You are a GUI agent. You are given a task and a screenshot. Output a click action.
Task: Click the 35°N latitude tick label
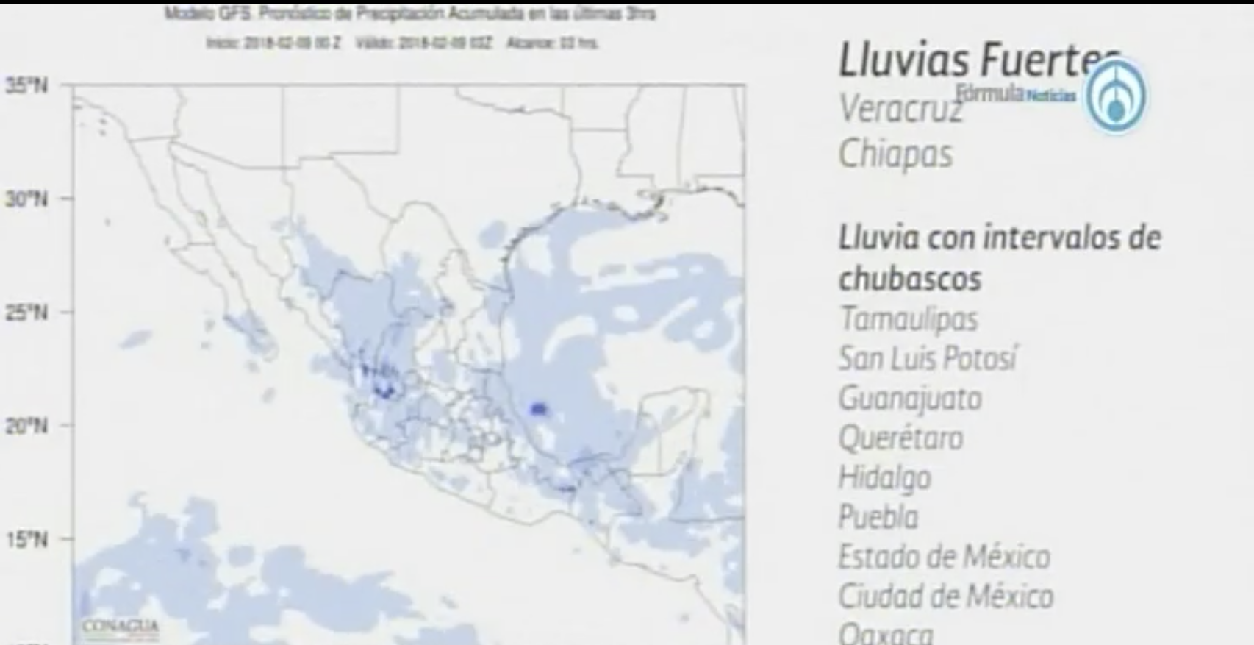[26, 86]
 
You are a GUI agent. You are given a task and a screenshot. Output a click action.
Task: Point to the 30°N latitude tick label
[26, 199]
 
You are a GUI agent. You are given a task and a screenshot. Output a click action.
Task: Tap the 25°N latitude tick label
[26, 313]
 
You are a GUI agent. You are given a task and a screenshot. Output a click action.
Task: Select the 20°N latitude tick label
[26, 426]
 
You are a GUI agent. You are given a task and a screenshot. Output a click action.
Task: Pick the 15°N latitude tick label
[26, 540]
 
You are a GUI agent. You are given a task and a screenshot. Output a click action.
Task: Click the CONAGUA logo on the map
[121, 627]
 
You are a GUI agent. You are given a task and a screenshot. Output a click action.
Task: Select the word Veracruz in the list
[900, 110]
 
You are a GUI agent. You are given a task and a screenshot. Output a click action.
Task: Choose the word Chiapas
[895, 154]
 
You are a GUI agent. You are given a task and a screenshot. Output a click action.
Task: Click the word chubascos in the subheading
[910, 279]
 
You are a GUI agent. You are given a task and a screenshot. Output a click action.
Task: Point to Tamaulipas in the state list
[909, 319]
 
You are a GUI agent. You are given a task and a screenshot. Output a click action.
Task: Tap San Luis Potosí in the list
[928, 359]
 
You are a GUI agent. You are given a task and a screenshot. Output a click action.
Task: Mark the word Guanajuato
[910, 399]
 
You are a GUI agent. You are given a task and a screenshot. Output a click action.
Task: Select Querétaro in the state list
[900, 438]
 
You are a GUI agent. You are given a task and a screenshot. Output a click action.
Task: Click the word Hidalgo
[884, 478]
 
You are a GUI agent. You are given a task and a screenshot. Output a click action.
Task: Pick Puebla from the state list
[878, 517]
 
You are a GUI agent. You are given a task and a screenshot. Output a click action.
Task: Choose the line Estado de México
[944, 557]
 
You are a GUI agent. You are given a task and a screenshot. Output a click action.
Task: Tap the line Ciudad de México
[946, 596]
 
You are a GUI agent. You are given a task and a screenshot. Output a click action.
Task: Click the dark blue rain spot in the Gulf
[539, 408]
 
